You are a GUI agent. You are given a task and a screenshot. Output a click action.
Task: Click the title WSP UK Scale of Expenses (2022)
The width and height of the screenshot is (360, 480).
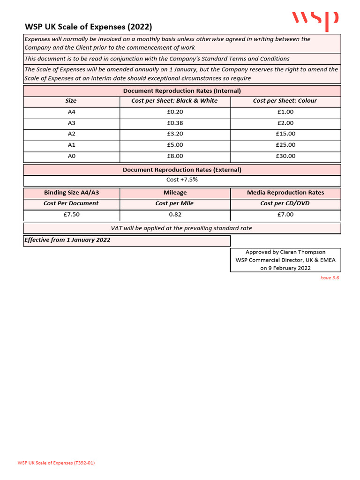tap(88, 27)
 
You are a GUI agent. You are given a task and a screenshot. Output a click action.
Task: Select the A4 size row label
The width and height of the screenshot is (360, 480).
tap(71, 112)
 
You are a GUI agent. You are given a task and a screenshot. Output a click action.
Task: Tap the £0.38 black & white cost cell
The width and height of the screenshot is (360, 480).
tap(175, 123)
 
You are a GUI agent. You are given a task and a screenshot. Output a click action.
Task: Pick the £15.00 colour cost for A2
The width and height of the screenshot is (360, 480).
tap(285, 134)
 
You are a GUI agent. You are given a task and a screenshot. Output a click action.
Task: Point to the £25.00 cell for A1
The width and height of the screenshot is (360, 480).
tap(285, 145)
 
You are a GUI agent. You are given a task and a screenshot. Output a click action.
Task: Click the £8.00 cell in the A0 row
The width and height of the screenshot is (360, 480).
tap(175, 156)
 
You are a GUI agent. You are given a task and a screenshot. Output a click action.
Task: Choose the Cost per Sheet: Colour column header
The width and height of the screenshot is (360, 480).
tap(285, 101)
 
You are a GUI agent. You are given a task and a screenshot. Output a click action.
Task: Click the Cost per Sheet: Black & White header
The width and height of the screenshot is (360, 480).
tap(175, 101)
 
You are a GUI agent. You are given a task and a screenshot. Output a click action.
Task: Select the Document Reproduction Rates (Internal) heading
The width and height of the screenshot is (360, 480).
tap(182, 91)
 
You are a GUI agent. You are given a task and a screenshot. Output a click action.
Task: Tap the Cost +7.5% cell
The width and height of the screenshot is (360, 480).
tap(182, 180)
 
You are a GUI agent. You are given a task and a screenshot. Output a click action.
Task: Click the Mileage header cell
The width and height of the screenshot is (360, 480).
tap(175, 193)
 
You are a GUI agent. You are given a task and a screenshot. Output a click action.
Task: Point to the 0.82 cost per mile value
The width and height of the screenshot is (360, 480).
tap(175, 214)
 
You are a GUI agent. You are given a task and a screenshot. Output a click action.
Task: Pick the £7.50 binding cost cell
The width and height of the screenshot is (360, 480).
tap(71, 214)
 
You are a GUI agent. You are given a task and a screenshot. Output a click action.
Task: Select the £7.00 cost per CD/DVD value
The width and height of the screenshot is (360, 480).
tap(285, 214)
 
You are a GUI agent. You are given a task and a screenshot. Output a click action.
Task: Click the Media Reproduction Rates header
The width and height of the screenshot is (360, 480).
tap(285, 193)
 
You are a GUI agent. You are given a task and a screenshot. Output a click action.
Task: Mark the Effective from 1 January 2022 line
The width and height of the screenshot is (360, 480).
tap(67, 240)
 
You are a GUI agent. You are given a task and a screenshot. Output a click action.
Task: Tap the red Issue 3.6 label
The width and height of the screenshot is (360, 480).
tap(329, 278)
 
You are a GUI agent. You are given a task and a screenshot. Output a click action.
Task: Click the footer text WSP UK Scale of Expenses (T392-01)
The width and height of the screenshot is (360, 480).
tap(56, 463)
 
